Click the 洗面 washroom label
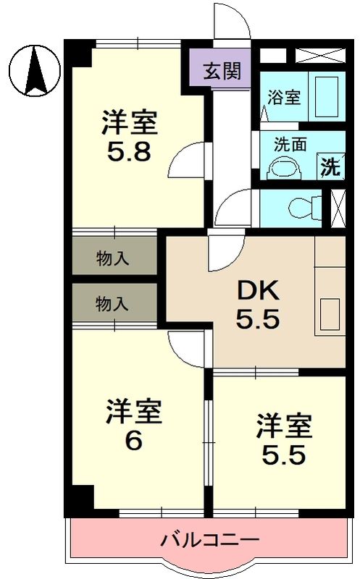tap(289, 143)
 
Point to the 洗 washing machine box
tap(330, 167)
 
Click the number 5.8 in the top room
tap(130, 153)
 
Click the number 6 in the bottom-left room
tap(133, 441)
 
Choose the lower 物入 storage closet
tap(113, 304)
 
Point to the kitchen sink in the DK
tap(329, 316)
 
